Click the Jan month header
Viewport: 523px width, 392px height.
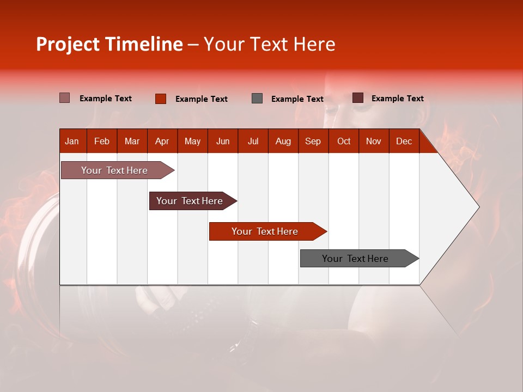click(72, 141)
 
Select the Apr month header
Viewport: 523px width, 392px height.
click(162, 141)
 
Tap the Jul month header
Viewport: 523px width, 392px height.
click(253, 141)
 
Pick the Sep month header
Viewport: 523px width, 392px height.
click(313, 141)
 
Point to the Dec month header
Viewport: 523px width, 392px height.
click(404, 141)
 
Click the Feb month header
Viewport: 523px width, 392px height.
click(102, 141)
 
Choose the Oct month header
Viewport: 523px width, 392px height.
click(344, 141)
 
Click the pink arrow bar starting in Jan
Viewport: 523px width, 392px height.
click(114, 170)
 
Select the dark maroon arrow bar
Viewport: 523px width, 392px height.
click(190, 201)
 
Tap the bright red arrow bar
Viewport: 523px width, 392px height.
click(265, 231)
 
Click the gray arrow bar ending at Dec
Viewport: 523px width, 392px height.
click(355, 259)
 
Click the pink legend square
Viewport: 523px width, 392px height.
click(65, 98)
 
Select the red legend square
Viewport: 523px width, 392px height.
click(161, 99)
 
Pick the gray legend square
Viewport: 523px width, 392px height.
click(257, 99)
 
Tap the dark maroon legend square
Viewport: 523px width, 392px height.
click(358, 98)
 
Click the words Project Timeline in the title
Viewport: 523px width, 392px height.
click(109, 44)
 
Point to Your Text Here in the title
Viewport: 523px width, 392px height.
click(269, 44)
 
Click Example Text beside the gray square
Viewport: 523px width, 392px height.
click(297, 99)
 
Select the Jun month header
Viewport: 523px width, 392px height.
click(223, 141)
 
